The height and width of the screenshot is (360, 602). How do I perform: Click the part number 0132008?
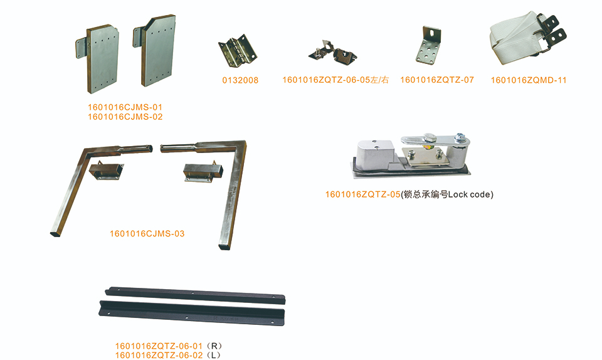tap(240, 80)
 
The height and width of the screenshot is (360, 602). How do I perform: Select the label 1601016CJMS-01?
tap(125, 107)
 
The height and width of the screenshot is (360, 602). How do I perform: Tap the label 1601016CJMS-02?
tap(125, 117)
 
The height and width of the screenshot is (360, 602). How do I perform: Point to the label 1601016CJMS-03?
tap(147, 233)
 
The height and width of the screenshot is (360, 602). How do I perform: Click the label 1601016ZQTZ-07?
tap(437, 80)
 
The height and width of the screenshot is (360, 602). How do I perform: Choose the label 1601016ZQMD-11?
tap(529, 80)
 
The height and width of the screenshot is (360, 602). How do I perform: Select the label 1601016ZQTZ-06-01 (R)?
tap(169, 346)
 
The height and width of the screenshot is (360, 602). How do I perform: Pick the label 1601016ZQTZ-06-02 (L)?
tap(168, 356)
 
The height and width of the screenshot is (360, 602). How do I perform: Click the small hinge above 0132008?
tap(237, 51)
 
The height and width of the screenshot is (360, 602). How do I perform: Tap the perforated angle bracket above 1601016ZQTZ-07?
tap(429, 45)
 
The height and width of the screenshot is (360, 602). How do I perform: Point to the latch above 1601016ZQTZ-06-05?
tap(332, 51)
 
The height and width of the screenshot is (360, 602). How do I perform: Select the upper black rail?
tap(195, 295)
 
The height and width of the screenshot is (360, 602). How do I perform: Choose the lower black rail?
tap(192, 313)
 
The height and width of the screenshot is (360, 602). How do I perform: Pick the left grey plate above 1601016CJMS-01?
tap(98, 59)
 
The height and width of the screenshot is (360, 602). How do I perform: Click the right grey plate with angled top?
tap(156, 50)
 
